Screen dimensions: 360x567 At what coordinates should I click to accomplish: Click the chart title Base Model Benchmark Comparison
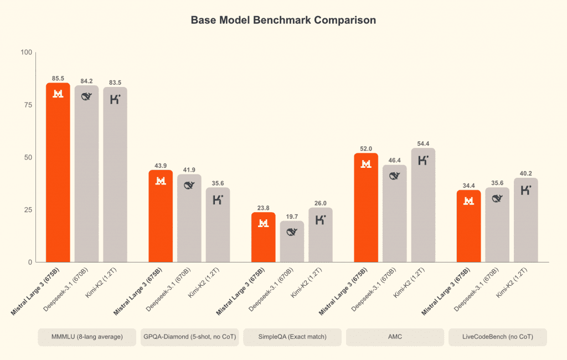tap(283, 20)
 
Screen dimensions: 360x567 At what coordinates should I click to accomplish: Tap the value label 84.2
tap(86, 81)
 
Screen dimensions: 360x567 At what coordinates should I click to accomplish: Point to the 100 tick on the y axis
tap(26, 53)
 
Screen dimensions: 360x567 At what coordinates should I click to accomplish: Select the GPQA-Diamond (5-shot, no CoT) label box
tap(189, 337)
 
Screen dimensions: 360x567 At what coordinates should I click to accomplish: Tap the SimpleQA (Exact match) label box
tap(292, 337)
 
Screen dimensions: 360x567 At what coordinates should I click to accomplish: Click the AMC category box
tap(395, 337)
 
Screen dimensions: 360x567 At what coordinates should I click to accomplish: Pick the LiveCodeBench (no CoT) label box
tap(497, 337)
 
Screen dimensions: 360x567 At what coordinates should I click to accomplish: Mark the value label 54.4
tap(423, 144)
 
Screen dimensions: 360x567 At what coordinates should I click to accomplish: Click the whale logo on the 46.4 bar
tap(395, 177)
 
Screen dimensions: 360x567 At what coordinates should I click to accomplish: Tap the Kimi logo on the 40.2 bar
tap(525, 190)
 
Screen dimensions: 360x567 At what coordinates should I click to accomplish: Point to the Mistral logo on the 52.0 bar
tap(366, 164)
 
